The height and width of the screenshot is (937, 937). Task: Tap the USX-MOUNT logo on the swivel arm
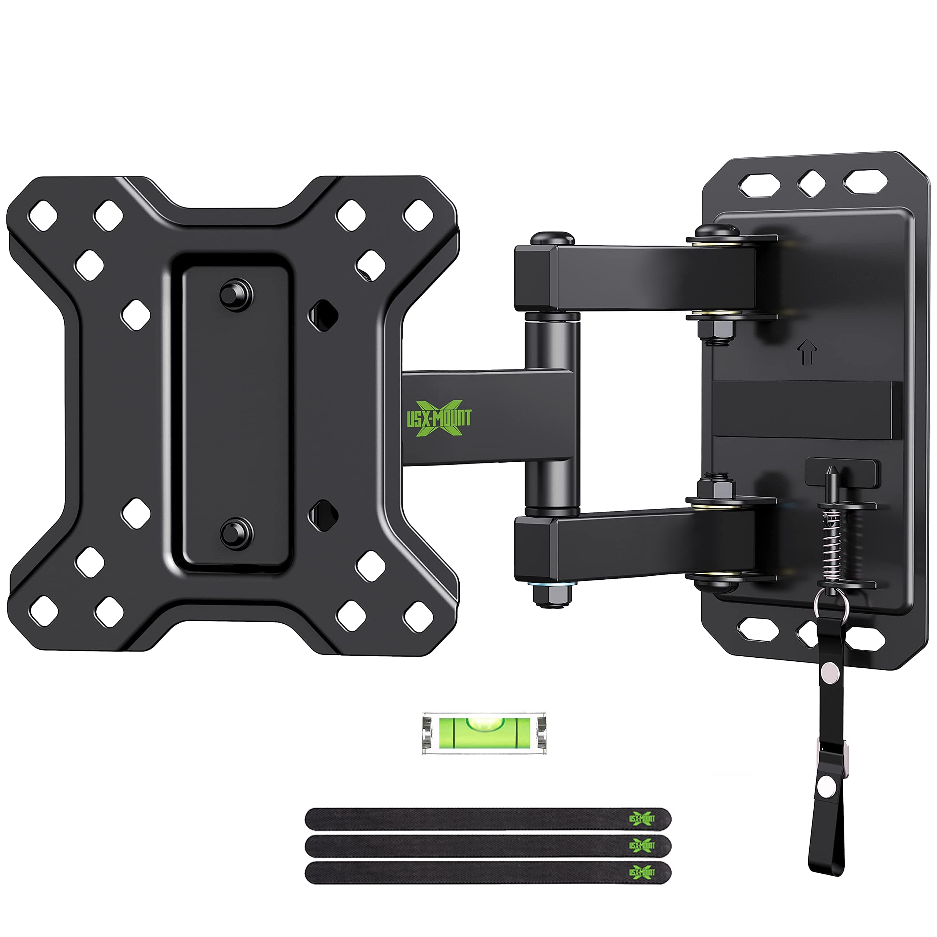438,418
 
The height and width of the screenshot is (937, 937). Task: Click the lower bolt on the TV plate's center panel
236,533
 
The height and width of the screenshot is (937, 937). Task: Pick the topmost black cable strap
488,819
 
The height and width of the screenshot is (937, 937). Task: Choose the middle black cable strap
488,846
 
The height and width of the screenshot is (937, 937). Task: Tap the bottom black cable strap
488,873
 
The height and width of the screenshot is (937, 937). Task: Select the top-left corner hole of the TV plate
43,215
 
